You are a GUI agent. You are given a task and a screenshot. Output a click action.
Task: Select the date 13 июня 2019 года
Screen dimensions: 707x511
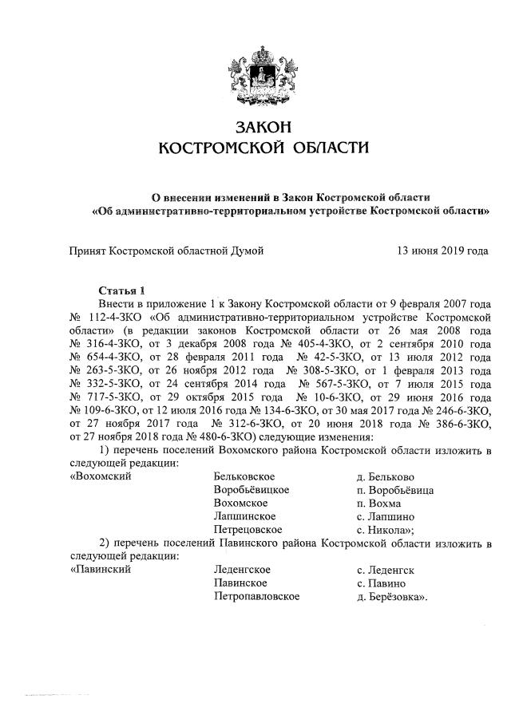(x=442, y=251)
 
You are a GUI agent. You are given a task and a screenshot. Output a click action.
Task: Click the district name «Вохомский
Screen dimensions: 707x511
(x=101, y=476)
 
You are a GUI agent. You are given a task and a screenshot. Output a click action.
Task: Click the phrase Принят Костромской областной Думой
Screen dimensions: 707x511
(x=166, y=251)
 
